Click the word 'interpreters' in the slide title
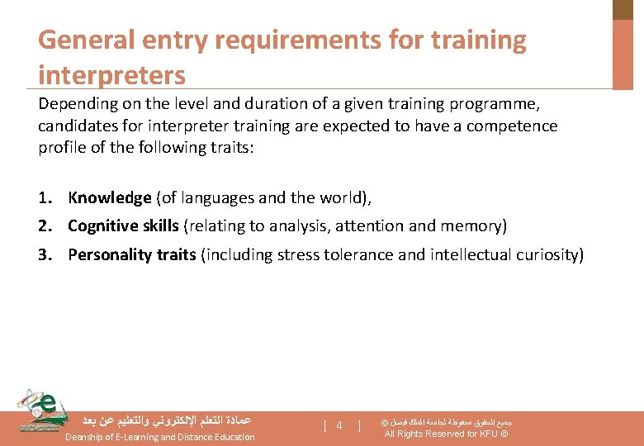(111, 74)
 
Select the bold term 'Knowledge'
(110, 197)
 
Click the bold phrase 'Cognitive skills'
(123, 225)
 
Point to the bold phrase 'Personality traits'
(132, 254)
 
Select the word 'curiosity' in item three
(547, 254)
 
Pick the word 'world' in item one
(339, 197)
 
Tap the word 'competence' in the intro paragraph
(516, 126)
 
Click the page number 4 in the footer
(339, 426)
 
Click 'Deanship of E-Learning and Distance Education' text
(160, 437)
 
